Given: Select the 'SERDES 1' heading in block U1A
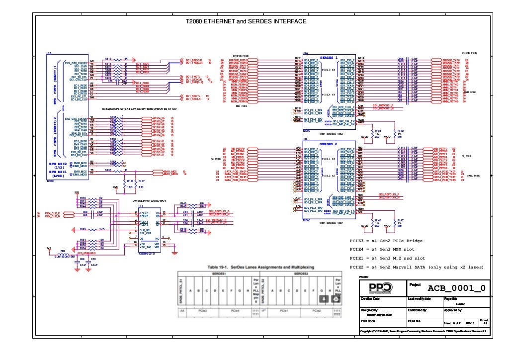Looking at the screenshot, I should [x=329, y=57].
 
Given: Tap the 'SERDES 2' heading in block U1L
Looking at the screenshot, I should [x=329, y=144].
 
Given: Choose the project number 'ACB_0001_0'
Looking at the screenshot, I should [x=456, y=288].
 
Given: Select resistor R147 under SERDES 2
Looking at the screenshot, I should [x=400, y=222].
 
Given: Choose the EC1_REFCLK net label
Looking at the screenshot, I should [x=193, y=60].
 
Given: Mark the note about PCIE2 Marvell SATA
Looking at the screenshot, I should [x=417, y=268].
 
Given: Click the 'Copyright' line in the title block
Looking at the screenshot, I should [x=423, y=330].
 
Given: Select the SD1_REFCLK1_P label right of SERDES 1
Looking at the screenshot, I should [x=383, y=106].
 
